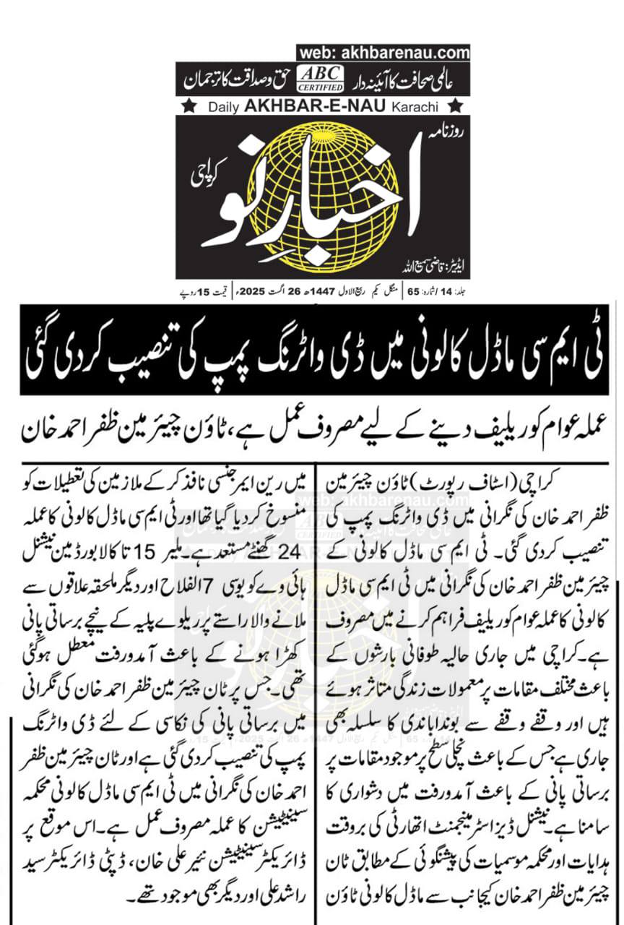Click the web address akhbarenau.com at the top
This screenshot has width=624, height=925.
383,52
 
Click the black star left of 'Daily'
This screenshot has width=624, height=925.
188,107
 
